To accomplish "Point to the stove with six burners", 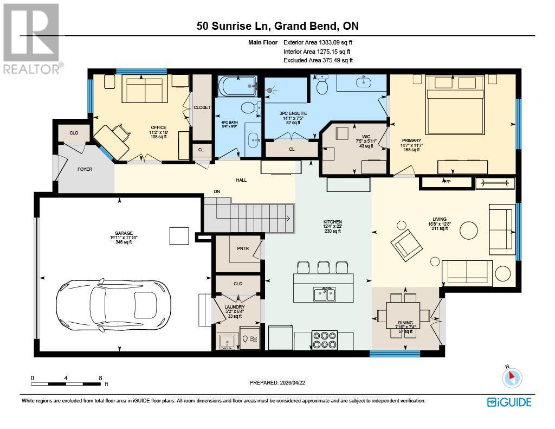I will tap(325, 340).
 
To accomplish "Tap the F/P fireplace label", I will tap(447, 182).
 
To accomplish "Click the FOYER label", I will tap(84, 169).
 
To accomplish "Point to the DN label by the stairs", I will tap(216, 191).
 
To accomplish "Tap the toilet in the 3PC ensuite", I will tap(322, 86).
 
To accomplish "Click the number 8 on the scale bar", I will tap(100, 377).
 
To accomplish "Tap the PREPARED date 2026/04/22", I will tap(277, 382).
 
